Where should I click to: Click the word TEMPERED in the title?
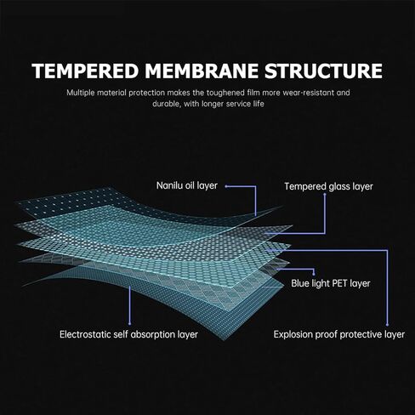[85, 71]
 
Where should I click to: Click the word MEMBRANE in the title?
[202, 71]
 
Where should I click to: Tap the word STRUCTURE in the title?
[323, 71]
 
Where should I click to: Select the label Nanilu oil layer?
[187, 185]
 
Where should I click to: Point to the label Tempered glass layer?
[328, 186]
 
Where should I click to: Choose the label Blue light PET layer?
[331, 283]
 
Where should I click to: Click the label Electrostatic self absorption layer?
[128, 334]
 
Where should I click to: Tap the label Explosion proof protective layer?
[339, 334]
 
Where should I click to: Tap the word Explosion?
[293, 335]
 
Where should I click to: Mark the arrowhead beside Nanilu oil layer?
[226, 186]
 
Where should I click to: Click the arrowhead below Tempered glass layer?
[325, 195]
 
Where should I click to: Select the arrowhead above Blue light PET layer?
[314, 274]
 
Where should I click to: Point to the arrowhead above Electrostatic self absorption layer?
[130, 323]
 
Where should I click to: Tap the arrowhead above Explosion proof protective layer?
[387, 324]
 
